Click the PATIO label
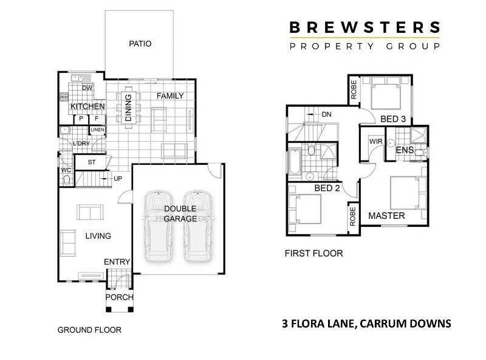click(x=140, y=44)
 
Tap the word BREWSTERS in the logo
click(x=364, y=27)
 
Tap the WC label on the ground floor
click(x=66, y=171)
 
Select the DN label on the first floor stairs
click(x=326, y=114)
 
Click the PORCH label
click(x=119, y=297)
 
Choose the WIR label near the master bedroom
click(x=375, y=142)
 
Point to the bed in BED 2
click(x=307, y=210)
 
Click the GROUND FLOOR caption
click(x=89, y=330)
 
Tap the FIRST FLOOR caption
click(x=313, y=253)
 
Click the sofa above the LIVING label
click(x=89, y=212)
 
